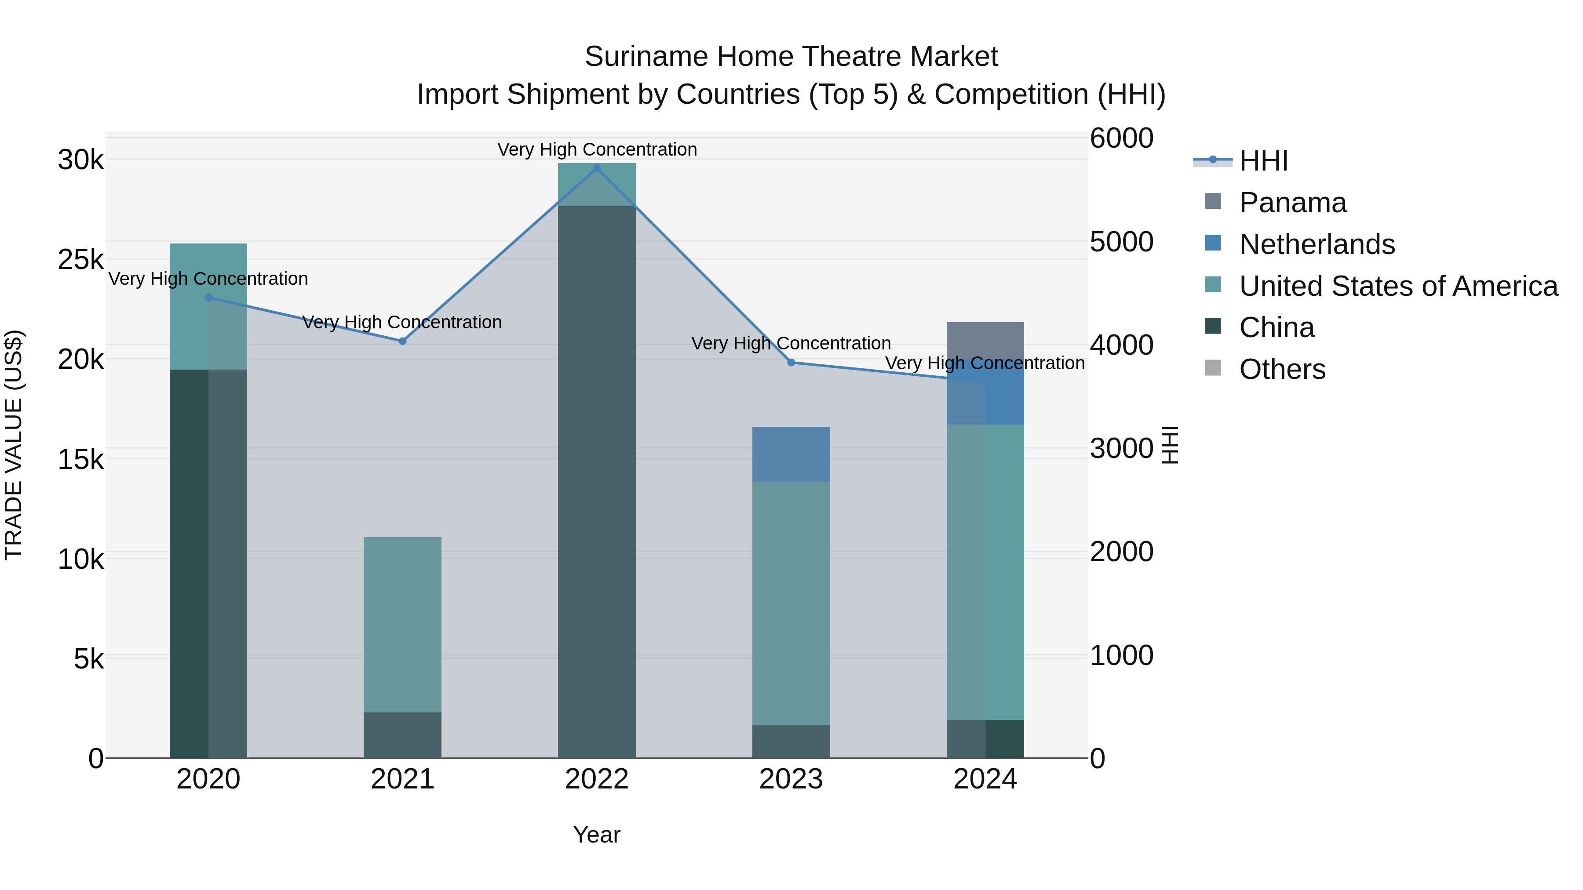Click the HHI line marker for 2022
point(597,168)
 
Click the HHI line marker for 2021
point(402,341)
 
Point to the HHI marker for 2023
point(791,363)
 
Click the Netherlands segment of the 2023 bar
point(791,454)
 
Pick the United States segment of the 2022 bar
point(597,184)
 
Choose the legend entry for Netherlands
point(1316,244)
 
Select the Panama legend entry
point(1292,203)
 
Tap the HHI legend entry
point(1263,161)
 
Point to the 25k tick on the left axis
point(80,260)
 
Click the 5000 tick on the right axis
point(1121,242)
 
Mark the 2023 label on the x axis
point(791,779)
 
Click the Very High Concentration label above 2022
point(597,149)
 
